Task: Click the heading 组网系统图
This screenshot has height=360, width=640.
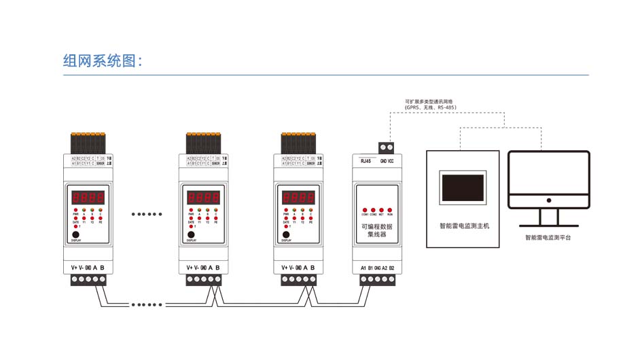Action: click(x=103, y=60)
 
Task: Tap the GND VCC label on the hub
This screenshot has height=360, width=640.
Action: click(x=387, y=161)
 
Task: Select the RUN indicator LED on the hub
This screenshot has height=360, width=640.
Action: click(x=390, y=210)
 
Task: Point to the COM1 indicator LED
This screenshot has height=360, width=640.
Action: click(x=365, y=210)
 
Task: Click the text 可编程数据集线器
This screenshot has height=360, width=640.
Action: click(x=376, y=230)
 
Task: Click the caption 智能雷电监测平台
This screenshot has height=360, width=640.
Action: click(x=548, y=238)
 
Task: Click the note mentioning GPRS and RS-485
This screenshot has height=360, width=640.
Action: click(x=431, y=105)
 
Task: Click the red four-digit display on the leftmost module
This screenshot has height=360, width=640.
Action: click(x=88, y=198)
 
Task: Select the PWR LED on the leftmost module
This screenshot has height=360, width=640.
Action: click(x=75, y=211)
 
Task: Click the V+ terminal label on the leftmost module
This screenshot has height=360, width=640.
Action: click(x=74, y=267)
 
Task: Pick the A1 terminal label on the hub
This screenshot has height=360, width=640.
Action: click(x=363, y=268)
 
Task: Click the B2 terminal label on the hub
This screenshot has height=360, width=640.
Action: click(x=392, y=268)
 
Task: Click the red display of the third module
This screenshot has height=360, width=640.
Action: click(x=299, y=198)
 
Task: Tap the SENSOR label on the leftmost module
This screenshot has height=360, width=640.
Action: click(x=101, y=164)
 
